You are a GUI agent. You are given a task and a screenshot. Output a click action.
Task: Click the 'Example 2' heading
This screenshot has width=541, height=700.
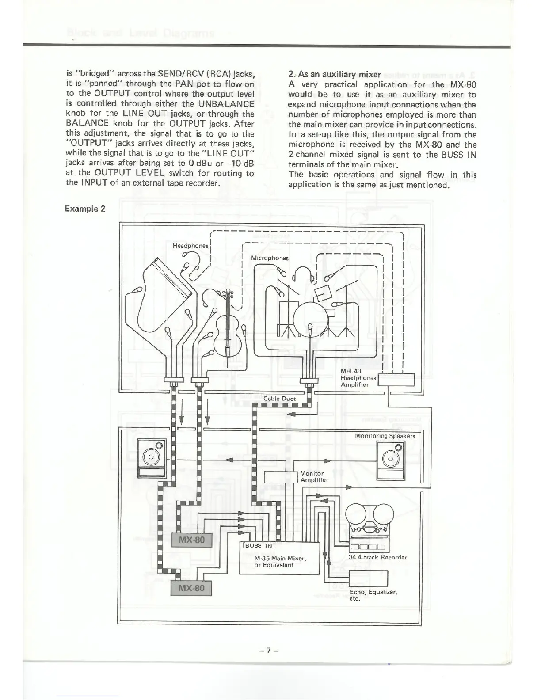[84, 209]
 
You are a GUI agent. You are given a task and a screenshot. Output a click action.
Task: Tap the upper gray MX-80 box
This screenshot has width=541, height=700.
[192, 540]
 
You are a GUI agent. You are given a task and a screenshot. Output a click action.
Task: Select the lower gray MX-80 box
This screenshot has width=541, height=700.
[191, 588]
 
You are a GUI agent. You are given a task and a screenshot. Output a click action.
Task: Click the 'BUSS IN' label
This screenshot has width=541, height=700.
[258, 545]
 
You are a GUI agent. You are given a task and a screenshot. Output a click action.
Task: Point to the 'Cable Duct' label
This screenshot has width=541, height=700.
[279, 399]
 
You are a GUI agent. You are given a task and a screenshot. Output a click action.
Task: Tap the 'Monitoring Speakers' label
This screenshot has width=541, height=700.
[385, 436]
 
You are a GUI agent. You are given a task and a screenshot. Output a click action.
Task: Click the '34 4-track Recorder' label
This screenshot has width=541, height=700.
[377, 557]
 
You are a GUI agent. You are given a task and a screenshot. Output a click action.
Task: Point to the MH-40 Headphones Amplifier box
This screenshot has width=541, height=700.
[396, 380]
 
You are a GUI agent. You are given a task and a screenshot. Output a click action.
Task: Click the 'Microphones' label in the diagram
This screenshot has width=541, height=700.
[270, 258]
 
